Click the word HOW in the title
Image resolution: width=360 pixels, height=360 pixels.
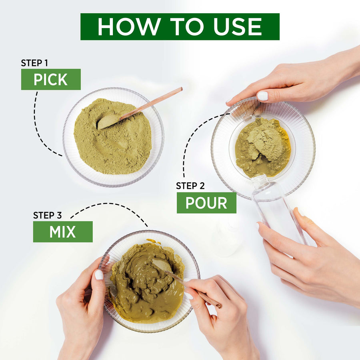coord(129,27)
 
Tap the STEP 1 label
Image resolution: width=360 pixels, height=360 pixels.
coord(34,63)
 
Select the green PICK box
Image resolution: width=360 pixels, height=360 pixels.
coord(51,79)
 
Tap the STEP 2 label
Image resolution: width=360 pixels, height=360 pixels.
coord(190,186)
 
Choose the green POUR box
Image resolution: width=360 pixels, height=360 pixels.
coord(206,203)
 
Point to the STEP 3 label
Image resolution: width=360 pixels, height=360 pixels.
coord(47,215)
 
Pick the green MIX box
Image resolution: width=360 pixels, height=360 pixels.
coord(63,232)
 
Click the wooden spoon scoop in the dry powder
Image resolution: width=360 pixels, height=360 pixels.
coord(108,122)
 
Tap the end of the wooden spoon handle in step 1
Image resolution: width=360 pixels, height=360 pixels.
coord(181,89)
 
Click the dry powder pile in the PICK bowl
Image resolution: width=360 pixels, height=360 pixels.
coord(112,136)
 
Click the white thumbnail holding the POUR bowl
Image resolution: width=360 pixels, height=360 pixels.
coord(263,96)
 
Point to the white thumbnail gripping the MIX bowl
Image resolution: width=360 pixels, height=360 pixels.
coord(99,274)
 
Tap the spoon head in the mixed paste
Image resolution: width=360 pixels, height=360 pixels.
coord(162,265)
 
